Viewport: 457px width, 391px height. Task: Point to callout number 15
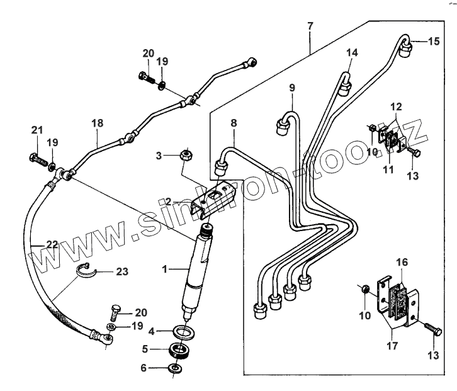click(434, 42)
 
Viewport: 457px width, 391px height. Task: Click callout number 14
click(351, 54)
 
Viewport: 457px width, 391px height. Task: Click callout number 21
click(37, 130)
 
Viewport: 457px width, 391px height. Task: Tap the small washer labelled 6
click(174, 368)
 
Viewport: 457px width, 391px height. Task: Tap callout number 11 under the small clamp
click(388, 169)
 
